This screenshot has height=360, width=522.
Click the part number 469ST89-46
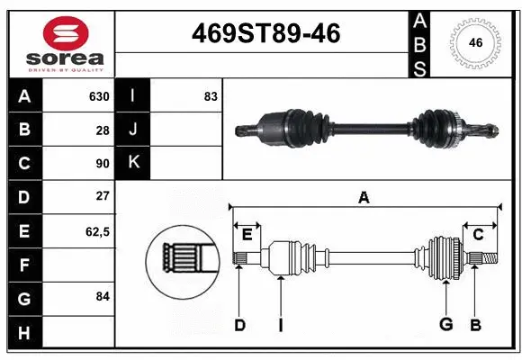coord(266,34)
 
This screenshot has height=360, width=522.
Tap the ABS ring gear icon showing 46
coord(474,42)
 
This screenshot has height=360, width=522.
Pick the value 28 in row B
coord(102,130)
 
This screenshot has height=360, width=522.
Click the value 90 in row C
coord(102,163)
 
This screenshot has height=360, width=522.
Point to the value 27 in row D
coord(102,196)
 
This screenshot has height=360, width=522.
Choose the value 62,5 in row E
coord(96,231)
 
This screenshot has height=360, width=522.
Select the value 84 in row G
coord(102,295)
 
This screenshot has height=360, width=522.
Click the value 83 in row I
coord(211,96)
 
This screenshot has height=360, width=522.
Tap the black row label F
coord(23,265)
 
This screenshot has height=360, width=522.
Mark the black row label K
coord(133,163)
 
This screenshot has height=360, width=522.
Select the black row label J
coord(133,130)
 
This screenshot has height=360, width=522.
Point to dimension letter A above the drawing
coord(364,198)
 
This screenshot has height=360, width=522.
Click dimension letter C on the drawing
coord(478,235)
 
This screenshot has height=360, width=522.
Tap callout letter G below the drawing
coord(445,325)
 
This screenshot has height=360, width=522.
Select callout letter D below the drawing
coord(239,325)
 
